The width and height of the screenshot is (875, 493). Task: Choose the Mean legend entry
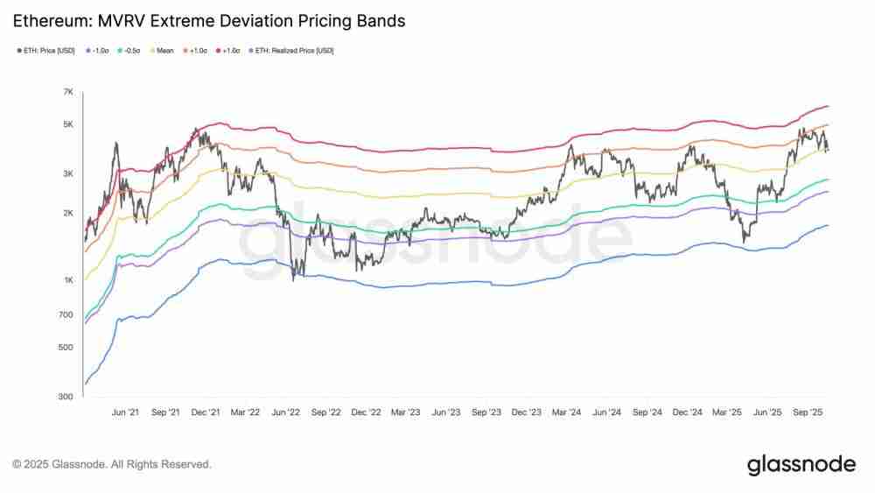point(165,51)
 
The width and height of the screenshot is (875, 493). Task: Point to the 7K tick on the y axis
point(67,92)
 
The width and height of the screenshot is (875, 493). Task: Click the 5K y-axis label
point(67,124)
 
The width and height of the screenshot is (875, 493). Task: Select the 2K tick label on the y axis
point(67,214)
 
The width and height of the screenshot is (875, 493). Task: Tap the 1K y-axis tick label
point(67,280)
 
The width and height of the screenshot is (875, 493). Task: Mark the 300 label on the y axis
point(66,397)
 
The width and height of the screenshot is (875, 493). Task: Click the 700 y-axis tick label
point(66,314)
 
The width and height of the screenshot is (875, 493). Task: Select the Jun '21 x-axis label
point(125,411)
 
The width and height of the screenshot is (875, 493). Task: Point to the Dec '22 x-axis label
point(365,411)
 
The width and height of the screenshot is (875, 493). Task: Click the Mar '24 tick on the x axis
point(566,411)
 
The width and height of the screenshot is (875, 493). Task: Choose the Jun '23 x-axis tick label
point(445,411)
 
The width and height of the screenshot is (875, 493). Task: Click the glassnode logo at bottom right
point(801,464)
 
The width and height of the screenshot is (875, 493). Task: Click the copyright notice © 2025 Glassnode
point(111,464)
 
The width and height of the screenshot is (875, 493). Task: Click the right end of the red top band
point(827,106)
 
